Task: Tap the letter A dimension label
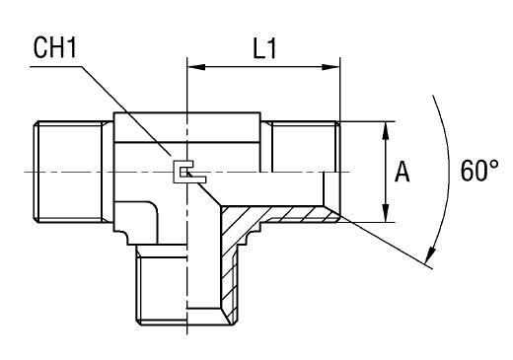[x=403, y=172]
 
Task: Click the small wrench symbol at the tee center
[x=182, y=173]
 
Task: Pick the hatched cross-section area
[x=235, y=256]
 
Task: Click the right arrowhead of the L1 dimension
[x=333, y=68]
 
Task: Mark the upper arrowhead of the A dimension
[x=385, y=128]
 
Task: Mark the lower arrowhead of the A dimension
[x=385, y=216]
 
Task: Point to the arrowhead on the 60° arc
[x=430, y=258]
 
